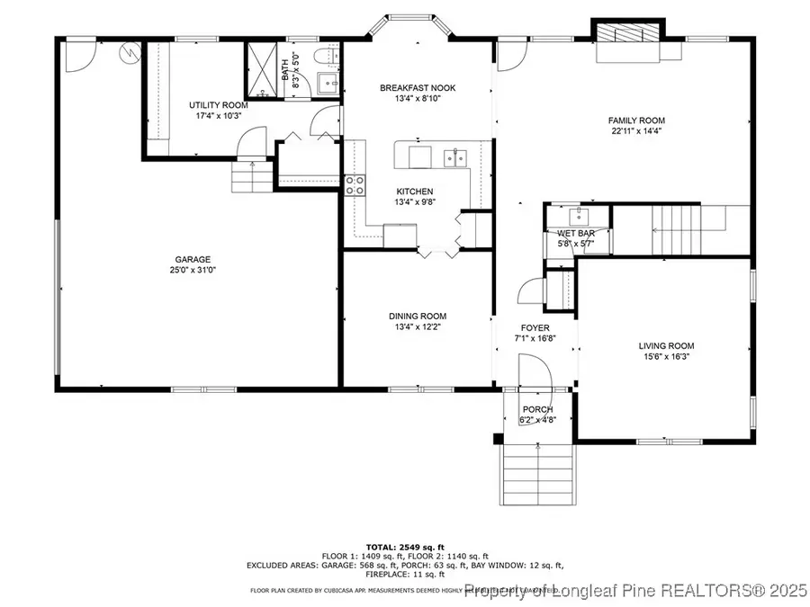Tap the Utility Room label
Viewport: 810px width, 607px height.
[x=215, y=105]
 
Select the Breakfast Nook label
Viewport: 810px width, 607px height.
[x=418, y=88]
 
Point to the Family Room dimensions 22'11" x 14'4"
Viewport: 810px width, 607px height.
[x=635, y=131]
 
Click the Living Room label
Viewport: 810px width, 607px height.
[x=666, y=345]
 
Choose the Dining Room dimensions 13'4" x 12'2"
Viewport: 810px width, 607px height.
[x=418, y=327]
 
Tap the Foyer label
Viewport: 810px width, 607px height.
[x=535, y=327]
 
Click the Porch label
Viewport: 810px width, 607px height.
[x=537, y=410]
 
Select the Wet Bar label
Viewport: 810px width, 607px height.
[x=575, y=234]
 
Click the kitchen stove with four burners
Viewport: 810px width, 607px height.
[x=355, y=185]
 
